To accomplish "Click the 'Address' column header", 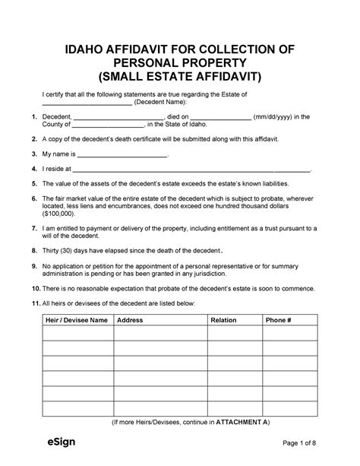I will (x=130, y=321).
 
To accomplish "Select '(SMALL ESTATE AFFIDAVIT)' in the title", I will (x=180, y=78).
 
